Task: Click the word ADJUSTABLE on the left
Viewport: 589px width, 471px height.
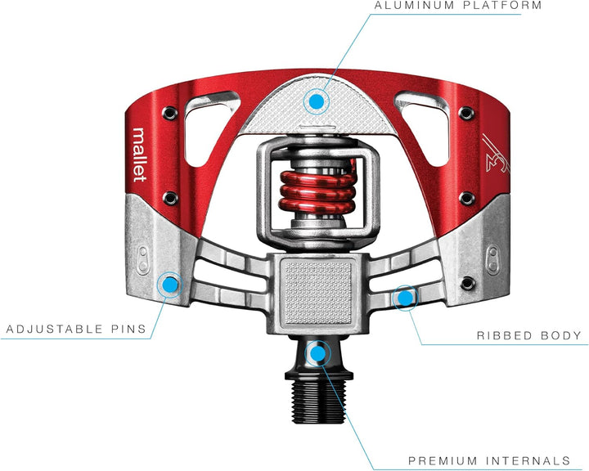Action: pyautogui.click(x=55, y=329)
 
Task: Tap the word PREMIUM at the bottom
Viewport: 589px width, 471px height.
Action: pyautogui.click(x=443, y=460)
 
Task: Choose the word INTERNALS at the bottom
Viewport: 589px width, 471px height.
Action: pyautogui.click(x=528, y=460)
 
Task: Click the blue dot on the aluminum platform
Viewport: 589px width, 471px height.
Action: pyautogui.click(x=317, y=101)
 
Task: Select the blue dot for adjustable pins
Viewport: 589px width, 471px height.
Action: pyautogui.click(x=170, y=285)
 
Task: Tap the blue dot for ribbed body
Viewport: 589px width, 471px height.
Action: pyautogui.click(x=405, y=298)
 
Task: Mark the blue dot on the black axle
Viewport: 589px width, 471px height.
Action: pyautogui.click(x=317, y=353)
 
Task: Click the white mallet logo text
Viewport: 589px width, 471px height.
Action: pyautogui.click(x=139, y=155)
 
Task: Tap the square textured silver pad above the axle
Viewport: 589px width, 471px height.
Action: pyautogui.click(x=318, y=291)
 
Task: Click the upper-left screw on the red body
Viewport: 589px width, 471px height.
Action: pyautogui.click(x=170, y=112)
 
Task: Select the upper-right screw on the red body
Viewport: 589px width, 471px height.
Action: pyautogui.click(x=466, y=112)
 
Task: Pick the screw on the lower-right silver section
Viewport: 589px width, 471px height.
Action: pyautogui.click(x=468, y=283)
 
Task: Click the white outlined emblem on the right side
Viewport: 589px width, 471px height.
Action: pyautogui.click(x=496, y=153)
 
